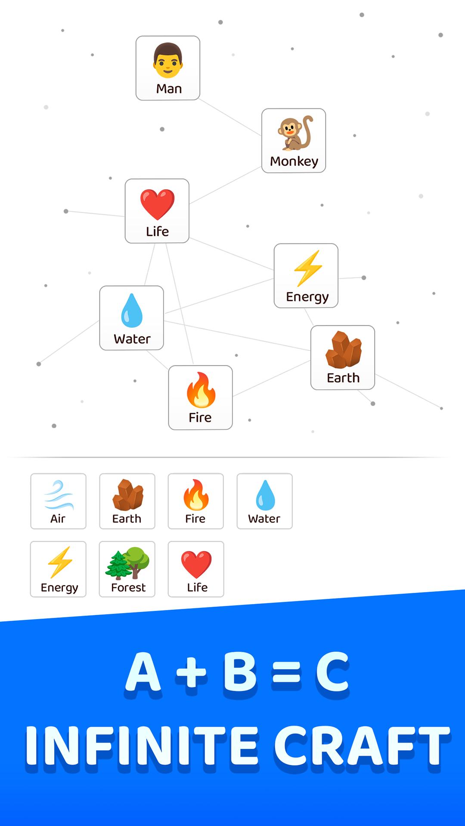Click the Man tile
tap(168, 68)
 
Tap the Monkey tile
tap(294, 141)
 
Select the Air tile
tap(58, 501)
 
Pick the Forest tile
tap(127, 569)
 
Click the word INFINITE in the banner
tap(142, 745)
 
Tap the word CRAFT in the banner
tap(362, 745)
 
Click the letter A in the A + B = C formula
tap(143, 672)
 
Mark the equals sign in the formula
tap(287, 674)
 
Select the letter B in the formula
tap(240, 672)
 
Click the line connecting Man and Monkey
tap(230, 117)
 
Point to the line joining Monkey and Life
tap(225, 185)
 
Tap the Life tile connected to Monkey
tap(157, 211)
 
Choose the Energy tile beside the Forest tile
tap(58, 569)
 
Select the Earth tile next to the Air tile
tap(127, 501)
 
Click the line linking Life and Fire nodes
tap(180, 304)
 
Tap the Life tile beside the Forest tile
tap(196, 569)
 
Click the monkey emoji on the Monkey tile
tap(295, 133)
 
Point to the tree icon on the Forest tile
tap(127, 563)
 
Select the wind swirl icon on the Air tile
tap(59, 495)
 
